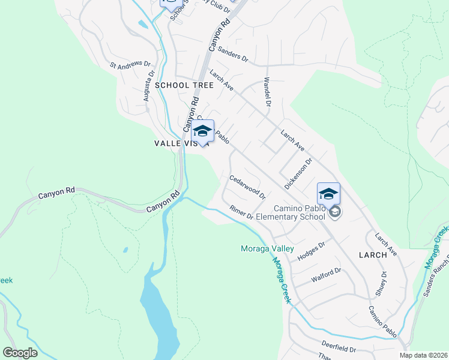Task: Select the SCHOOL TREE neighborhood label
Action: coord(184,85)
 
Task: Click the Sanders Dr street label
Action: coord(233,55)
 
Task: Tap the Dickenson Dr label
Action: coord(299,174)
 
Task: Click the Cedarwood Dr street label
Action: coord(248,187)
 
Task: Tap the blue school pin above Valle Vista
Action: coord(203,131)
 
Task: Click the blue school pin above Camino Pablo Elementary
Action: coord(328,194)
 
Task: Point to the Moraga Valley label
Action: coord(267,248)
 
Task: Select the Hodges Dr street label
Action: coord(311,250)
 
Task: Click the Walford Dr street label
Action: coord(326,275)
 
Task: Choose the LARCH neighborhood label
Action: coord(373,255)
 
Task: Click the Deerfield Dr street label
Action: coord(339,349)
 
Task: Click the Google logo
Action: coord(20,352)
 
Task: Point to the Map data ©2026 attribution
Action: coord(424,355)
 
